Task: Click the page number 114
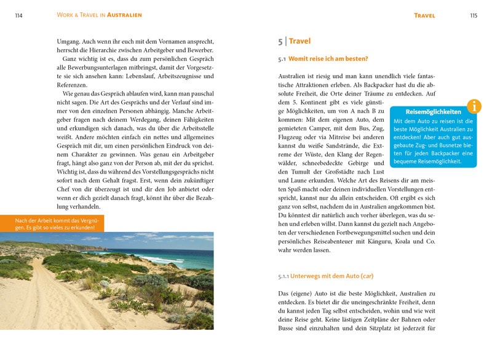pos(18,15)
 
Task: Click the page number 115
pos(473,15)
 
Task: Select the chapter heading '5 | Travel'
pos(295,41)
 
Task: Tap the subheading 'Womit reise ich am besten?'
pos(329,59)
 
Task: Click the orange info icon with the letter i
pos(474,106)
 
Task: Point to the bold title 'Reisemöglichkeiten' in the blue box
pos(434,112)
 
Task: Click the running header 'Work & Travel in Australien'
pos(99,15)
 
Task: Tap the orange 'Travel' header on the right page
pos(425,15)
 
